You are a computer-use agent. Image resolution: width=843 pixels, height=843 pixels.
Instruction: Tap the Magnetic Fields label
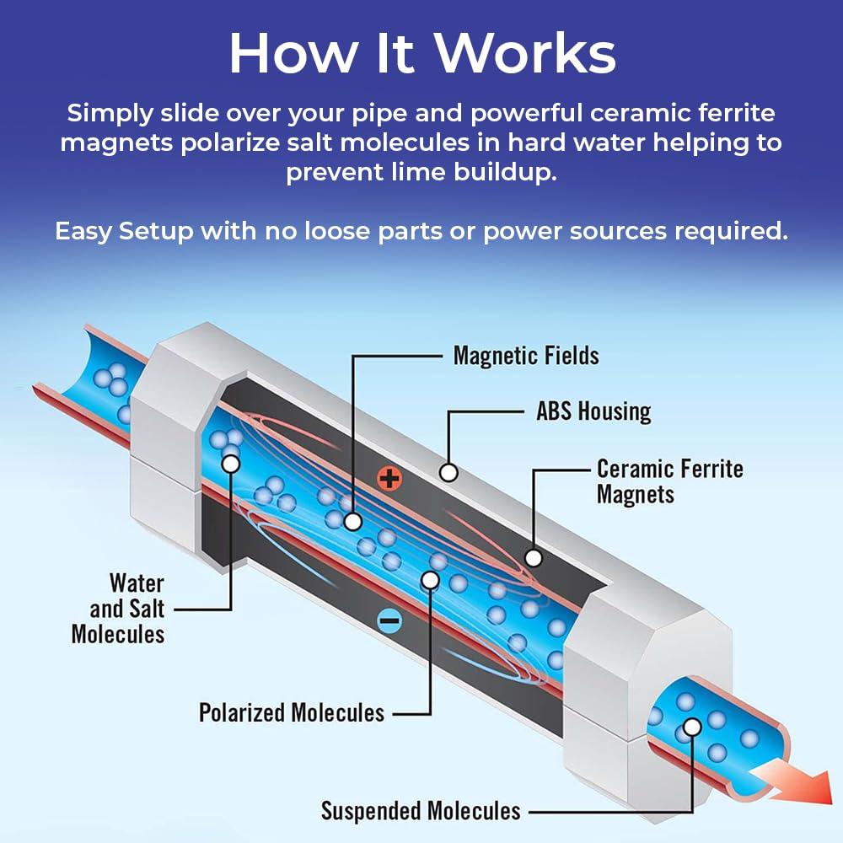[526, 355]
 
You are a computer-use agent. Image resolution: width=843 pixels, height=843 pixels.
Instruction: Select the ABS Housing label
[593, 411]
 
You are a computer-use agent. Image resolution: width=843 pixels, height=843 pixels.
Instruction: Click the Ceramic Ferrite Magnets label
[669, 481]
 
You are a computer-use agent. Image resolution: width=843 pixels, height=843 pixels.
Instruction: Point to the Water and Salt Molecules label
[118, 608]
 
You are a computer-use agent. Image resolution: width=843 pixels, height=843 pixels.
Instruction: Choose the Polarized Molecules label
[292, 712]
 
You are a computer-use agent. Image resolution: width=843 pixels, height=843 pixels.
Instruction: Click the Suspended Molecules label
[421, 811]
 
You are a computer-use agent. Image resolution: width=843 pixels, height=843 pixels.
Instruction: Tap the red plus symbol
[389, 480]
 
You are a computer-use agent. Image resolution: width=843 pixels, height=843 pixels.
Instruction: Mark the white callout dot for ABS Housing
[448, 473]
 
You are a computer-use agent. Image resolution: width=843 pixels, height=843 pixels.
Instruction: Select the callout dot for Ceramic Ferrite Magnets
[533, 557]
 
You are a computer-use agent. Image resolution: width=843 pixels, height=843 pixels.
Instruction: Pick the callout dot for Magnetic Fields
[353, 523]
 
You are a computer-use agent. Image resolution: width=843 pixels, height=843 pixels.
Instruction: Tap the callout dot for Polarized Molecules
[430, 580]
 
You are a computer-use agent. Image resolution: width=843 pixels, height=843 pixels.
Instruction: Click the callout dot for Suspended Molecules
[692, 726]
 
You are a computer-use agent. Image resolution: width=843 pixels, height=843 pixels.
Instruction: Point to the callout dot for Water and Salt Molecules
[229, 463]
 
